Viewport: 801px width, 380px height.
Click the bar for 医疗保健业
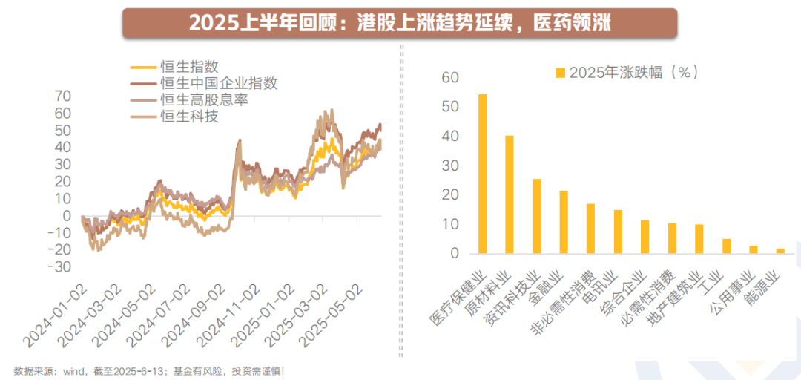483,174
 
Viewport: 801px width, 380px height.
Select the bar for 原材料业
510,194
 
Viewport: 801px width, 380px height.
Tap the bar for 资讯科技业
536,216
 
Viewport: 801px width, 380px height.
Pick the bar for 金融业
564,222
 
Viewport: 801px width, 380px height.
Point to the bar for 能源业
779,251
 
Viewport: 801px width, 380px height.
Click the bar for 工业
726,246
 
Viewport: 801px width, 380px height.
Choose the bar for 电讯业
618,232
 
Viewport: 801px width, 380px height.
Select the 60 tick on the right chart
449,78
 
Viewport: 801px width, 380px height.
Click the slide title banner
400,23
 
